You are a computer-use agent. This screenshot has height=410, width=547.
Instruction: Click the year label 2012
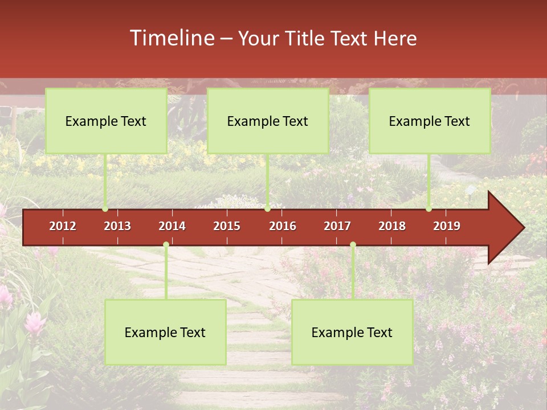click(x=63, y=226)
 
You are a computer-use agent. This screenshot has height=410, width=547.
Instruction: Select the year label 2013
click(x=117, y=226)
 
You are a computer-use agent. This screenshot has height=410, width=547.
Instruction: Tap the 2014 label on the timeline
click(x=172, y=226)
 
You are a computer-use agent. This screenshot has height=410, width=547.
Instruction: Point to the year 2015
click(x=227, y=226)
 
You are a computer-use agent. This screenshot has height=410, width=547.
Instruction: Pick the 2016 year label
click(x=283, y=226)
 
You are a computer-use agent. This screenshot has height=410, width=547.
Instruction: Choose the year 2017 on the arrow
click(x=337, y=226)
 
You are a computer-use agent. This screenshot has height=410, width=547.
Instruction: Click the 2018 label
click(x=392, y=226)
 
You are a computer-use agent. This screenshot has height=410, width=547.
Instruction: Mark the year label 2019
click(x=447, y=226)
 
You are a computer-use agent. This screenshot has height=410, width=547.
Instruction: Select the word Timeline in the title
click(x=172, y=38)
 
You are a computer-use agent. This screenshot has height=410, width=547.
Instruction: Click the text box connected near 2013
click(x=106, y=121)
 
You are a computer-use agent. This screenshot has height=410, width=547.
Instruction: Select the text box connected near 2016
click(x=268, y=121)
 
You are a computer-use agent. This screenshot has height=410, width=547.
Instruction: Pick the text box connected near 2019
click(x=430, y=121)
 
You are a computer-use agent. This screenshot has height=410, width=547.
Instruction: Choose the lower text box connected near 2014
click(x=165, y=332)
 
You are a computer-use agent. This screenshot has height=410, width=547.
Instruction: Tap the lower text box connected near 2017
click(x=352, y=332)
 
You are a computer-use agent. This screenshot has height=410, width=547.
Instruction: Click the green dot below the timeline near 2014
click(x=166, y=245)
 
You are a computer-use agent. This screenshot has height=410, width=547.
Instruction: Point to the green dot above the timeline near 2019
click(x=429, y=209)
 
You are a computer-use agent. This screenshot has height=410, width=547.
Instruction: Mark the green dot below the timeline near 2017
click(x=353, y=245)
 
